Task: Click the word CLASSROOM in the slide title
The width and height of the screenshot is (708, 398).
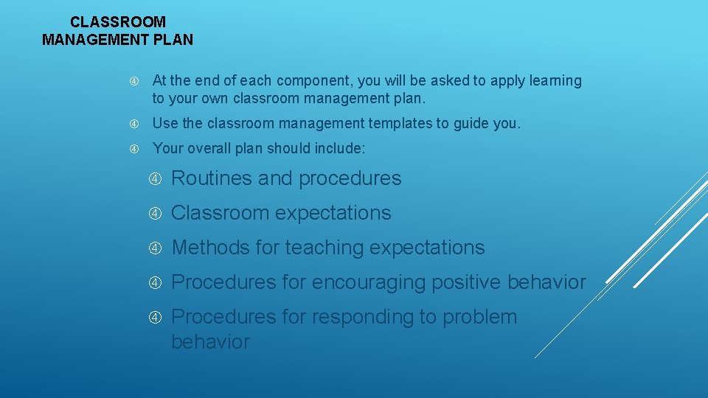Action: pos(118,23)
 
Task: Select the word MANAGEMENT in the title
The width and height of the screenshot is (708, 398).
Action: pos(94,40)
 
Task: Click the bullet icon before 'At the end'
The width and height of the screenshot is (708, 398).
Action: pos(134,81)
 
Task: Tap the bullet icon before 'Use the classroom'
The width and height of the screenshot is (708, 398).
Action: pos(134,124)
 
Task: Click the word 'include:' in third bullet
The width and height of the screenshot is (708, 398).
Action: pos(339,148)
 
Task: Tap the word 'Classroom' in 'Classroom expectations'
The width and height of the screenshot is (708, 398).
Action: pos(221,213)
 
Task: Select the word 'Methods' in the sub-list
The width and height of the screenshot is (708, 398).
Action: pos(210,248)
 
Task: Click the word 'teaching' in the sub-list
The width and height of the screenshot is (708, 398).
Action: pos(324,248)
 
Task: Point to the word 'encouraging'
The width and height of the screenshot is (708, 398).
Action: pos(358,282)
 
